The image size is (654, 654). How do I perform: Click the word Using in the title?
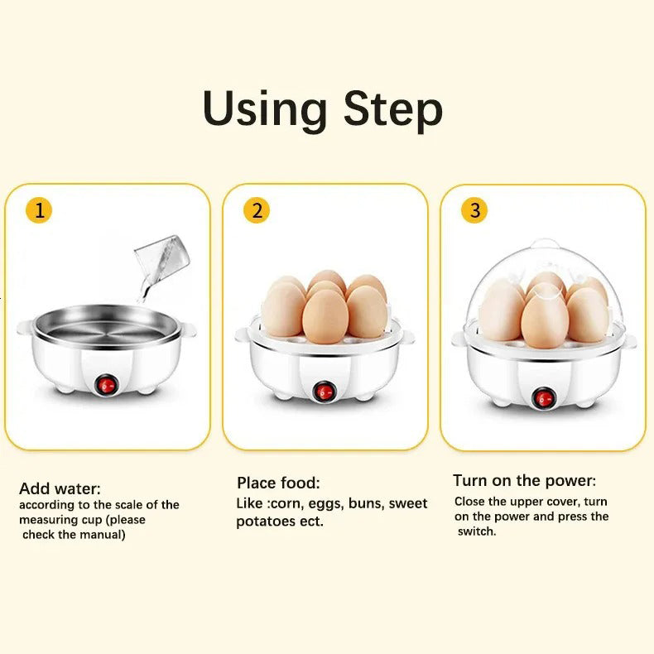[x=264, y=109]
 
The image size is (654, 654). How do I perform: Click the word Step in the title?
[x=393, y=111]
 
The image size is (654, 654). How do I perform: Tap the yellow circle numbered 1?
[x=39, y=210]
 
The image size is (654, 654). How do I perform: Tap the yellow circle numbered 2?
[x=257, y=210]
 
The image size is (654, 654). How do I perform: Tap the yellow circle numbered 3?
[x=474, y=210]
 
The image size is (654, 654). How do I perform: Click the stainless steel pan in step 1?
[x=106, y=325]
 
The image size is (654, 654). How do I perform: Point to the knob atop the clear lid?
[x=546, y=244]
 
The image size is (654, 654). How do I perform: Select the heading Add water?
[x=60, y=488]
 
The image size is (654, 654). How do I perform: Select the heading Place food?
[x=278, y=483]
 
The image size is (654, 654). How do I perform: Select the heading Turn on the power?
[x=524, y=480]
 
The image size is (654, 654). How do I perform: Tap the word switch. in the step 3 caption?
[x=477, y=531]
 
